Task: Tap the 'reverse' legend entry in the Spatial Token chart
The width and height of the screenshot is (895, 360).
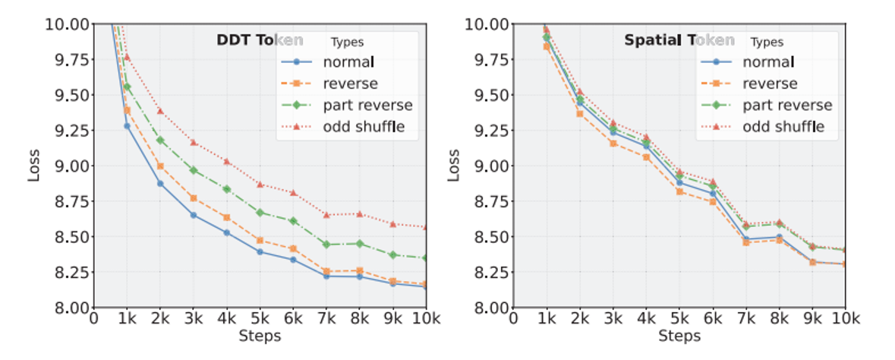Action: [x=770, y=84]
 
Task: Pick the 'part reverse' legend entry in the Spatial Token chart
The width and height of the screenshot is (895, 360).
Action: [x=787, y=105]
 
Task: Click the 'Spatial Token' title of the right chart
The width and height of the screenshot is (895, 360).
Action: [x=679, y=40]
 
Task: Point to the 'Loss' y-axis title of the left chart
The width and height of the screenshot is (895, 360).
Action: [x=34, y=166]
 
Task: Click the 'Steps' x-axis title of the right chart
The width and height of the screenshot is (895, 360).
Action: [x=679, y=336]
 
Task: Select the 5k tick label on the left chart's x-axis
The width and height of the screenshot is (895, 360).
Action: [x=260, y=317]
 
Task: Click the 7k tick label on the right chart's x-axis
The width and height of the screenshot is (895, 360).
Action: [x=746, y=317]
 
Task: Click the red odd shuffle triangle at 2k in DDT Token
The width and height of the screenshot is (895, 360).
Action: [x=160, y=111]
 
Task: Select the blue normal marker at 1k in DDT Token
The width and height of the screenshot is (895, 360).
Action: [x=127, y=126]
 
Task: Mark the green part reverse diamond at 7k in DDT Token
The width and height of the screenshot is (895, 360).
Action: [x=326, y=245]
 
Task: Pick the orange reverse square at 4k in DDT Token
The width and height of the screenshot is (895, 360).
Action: [x=227, y=217]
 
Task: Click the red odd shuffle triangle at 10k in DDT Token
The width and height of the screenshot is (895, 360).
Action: [x=426, y=227]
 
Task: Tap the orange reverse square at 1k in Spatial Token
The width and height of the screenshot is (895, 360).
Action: [x=546, y=46]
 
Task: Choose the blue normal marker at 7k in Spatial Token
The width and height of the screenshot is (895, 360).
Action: [x=746, y=239]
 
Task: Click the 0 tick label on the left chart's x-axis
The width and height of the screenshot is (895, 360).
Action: [x=93, y=317]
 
